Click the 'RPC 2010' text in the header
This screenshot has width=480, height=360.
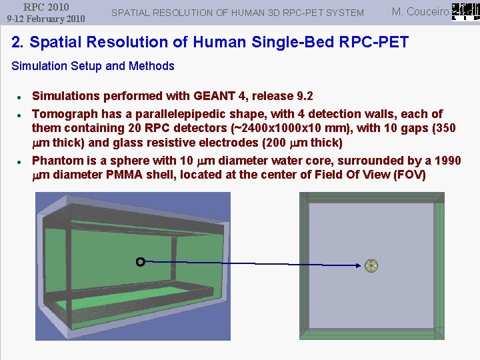point(46,7)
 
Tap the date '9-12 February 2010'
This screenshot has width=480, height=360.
point(46,19)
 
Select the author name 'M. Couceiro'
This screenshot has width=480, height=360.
point(420,11)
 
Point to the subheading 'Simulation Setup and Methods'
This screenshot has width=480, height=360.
point(93,66)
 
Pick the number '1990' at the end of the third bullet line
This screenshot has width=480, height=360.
point(447,161)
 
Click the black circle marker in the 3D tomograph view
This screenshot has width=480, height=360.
point(140,262)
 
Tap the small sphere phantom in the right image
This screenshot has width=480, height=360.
point(371,265)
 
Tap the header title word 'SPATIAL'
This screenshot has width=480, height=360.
point(131,13)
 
